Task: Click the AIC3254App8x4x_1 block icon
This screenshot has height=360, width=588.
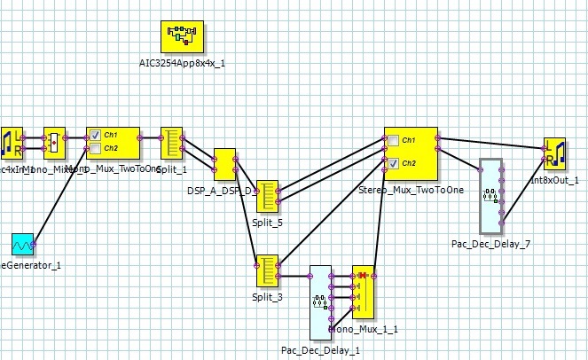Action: click(181, 37)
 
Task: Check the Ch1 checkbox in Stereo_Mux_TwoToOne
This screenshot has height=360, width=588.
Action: click(393, 140)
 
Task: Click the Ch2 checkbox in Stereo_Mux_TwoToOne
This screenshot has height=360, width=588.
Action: click(393, 163)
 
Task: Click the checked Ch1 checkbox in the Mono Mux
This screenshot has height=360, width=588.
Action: click(95, 135)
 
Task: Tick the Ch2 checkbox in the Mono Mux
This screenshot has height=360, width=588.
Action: click(95, 148)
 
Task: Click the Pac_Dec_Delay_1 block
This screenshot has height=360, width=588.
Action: click(320, 301)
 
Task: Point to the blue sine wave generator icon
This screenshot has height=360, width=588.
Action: click(22, 244)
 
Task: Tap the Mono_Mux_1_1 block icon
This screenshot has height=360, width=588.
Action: click(364, 292)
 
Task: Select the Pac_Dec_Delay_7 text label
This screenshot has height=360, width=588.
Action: click(490, 243)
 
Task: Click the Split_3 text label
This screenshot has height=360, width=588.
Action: click(266, 297)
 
